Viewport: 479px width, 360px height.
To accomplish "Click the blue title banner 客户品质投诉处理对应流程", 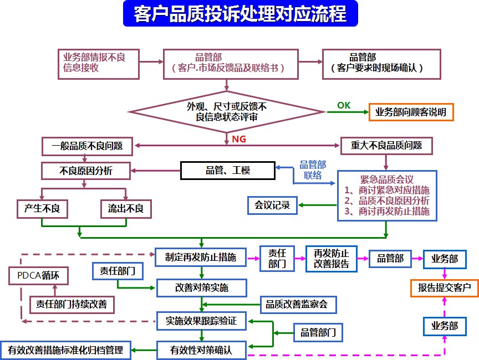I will [x=240, y=14].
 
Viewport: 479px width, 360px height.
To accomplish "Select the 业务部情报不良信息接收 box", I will [x=96, y=63].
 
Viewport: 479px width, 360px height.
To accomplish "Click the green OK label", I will [x=344, y=105].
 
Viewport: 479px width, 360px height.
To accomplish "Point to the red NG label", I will [x=239, y=139].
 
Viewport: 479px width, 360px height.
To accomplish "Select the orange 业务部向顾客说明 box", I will [x=411, y=112].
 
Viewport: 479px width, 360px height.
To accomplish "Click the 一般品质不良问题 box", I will [x=88, y=146].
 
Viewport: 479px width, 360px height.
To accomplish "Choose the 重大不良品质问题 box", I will [x=386, y=146].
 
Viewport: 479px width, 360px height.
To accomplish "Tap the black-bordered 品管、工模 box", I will [x=228, y=171].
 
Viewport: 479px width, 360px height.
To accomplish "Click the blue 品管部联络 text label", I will [x=313, y=169].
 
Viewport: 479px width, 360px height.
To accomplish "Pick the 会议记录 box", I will [x=272, y=205].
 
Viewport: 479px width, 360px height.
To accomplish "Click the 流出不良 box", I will [x=126, y=208].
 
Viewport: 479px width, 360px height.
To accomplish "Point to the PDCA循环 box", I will [x=31, y=274].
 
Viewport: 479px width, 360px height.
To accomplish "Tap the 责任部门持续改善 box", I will [x=72, y=304].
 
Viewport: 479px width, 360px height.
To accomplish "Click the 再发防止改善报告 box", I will [x=331, y=259].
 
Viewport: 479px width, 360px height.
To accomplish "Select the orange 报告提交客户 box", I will [x=444, y=288].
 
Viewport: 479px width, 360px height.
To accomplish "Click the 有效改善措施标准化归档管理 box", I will [x=66, y=349].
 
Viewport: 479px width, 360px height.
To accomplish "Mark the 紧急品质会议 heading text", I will [x=387, y=179].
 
